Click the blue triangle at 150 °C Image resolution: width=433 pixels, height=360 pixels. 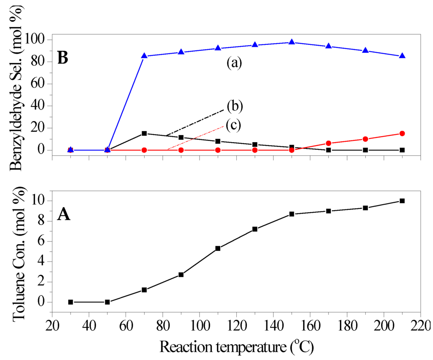point(292,42)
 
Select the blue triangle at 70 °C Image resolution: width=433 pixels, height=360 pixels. point(144,56)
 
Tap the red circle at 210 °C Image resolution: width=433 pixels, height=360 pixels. point(402,133)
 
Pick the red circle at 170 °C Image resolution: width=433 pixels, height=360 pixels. point(329,143)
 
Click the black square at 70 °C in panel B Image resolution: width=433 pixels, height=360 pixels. point(144,133)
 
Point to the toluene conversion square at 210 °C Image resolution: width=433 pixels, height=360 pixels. point(402,201)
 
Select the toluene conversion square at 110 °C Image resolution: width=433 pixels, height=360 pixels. point(218,248)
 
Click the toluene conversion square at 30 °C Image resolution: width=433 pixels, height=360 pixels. point(71,302)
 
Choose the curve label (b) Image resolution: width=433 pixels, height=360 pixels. point(235,106)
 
